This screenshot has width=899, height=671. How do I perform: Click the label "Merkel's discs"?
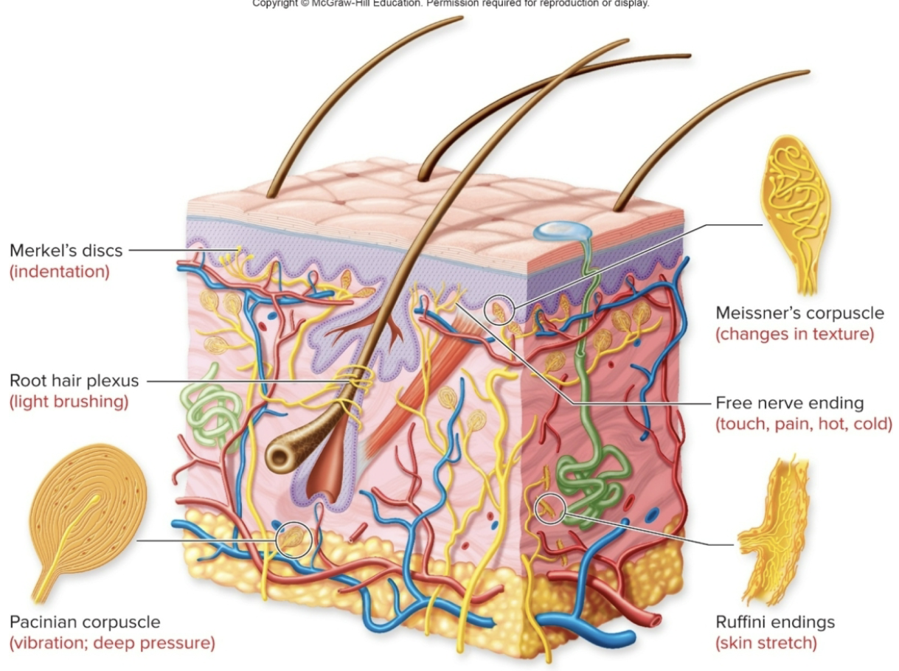tap(66, 251)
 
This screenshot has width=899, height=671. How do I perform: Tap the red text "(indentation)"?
tap(59, 271)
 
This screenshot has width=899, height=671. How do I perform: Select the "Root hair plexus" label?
tap(74, 381)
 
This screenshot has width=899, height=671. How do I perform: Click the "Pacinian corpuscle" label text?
tap(85, 622)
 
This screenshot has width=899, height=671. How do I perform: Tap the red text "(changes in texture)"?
tap(794, 334)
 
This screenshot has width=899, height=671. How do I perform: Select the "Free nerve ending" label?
tap(789, 403)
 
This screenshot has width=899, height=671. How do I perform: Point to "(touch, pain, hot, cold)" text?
tap(804, 424)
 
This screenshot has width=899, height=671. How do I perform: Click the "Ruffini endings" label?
tap(775, 622)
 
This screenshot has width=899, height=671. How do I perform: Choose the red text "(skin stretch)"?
tap(766, 643)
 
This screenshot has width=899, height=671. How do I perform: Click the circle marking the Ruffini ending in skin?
tap(549, 508)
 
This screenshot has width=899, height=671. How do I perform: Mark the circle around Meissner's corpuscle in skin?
tap(499, 311)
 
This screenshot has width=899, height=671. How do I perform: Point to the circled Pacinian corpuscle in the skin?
tap(294, 540)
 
